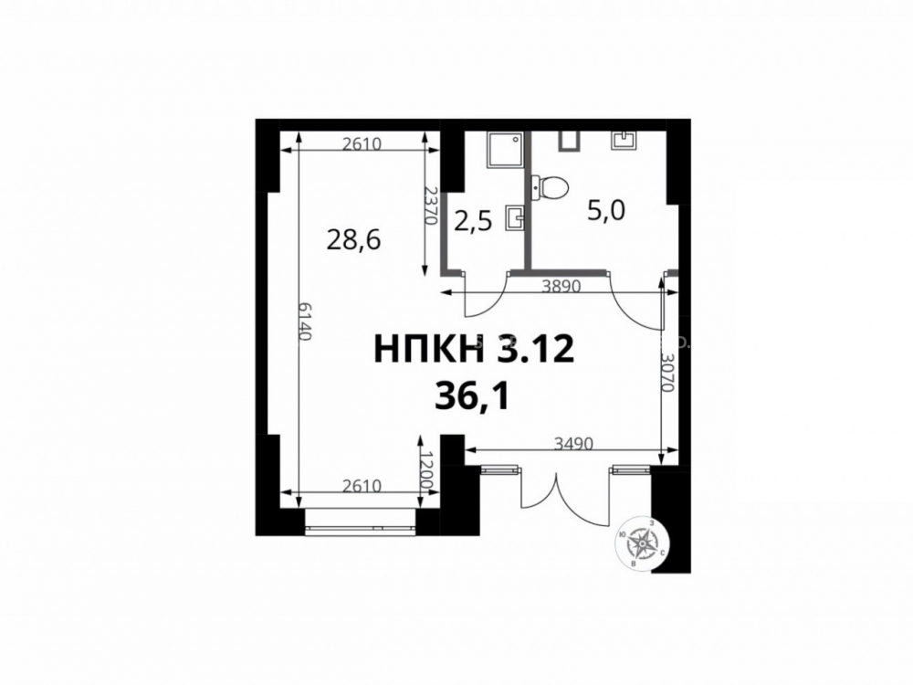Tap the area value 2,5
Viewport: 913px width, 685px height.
[473, 222]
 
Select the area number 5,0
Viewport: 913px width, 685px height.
[606, 211]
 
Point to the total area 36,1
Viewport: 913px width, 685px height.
[472, 399]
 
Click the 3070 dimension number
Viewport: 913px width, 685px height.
[668, 373]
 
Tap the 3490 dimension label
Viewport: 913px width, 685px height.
[573, 445]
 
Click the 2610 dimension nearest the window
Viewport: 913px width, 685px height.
[362, 485]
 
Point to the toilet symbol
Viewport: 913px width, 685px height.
[551, 187]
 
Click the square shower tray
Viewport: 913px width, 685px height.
[506, 150]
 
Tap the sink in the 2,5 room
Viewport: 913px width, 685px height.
[515, 217]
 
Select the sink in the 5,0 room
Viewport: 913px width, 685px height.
[624, 141]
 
